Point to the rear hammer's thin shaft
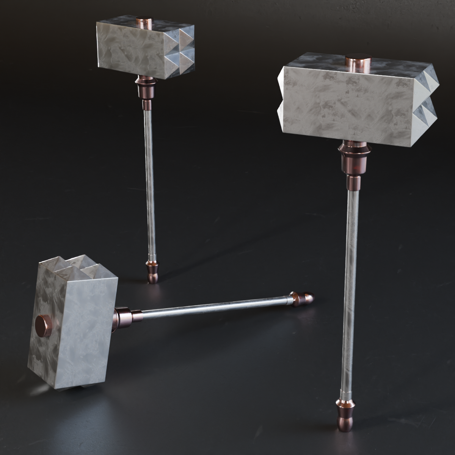click(x=149, y=182)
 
